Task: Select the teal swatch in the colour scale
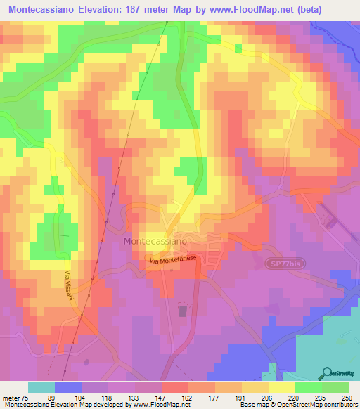coord(41,387)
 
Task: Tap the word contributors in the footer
coord(340,405)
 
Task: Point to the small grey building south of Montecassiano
coord(184,310)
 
